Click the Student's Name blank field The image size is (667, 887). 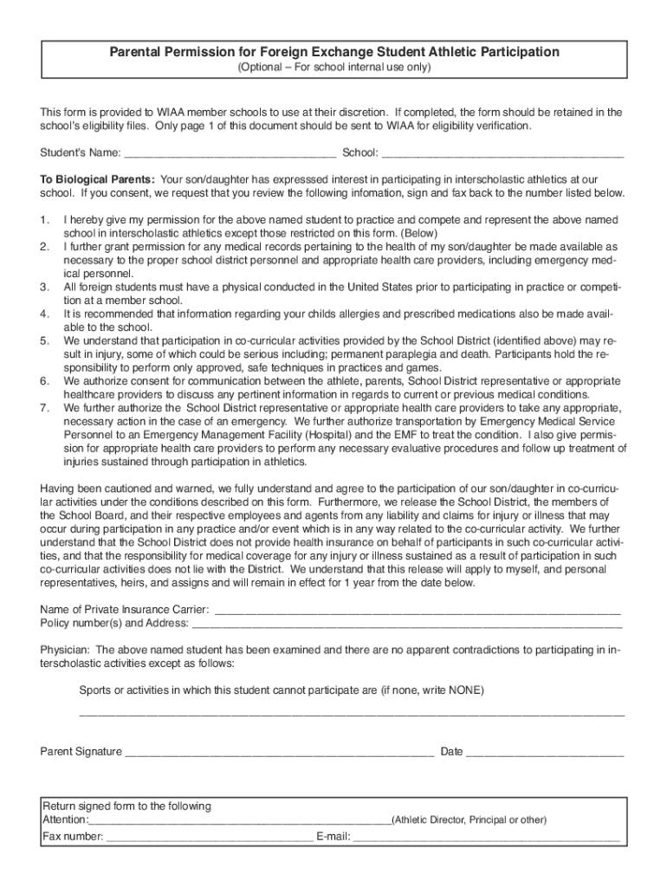[x=230, y=154]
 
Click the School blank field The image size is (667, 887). [x=502, y=154]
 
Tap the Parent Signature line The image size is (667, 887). [x=279, y=753]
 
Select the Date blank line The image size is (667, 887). [x=545, y=753]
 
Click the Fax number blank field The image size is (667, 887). [x=210, y=838]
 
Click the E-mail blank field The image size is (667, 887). [x=486, y=838]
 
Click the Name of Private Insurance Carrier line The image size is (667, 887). [x=417, y=609]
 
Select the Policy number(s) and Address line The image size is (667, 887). [x=406, y=623]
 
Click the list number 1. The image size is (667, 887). [x=45, y=222]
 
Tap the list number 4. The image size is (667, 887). [x=45, y=314]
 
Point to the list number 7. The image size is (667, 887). [x=45, y=408]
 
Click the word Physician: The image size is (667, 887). [x=65, y=650]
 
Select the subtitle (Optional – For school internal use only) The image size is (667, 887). [x=333, y=68]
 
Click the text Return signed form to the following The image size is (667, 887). [x=126, y=806]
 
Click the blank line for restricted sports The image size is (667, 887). [x=352, y=715]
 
